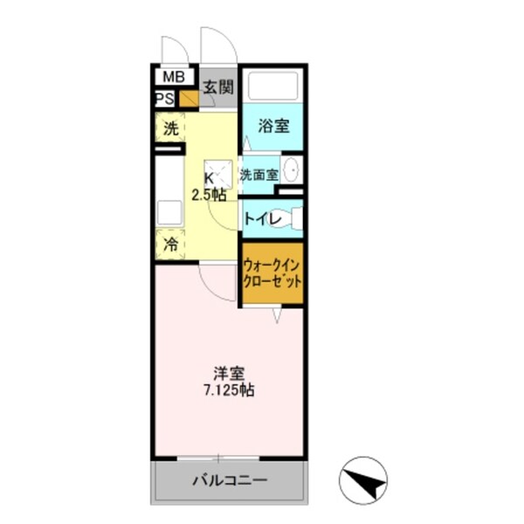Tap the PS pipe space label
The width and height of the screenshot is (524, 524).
tap(164, 98)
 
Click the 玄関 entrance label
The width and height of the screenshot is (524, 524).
tap(218, 87)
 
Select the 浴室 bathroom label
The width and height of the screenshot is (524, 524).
tap(273, 125)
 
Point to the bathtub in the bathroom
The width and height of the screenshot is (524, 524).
tap(272, 86)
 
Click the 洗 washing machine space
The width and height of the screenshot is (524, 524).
tap(169, 128)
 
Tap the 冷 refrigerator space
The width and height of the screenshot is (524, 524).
tap(170, 245)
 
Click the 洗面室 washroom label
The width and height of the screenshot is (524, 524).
tap(259, 174)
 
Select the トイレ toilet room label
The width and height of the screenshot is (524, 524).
tap(263, 220)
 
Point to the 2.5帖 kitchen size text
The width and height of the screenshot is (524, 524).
tap(210, 195)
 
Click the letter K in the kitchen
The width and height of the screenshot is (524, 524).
tap(210, 178)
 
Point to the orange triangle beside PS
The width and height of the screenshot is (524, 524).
tap(189, 98)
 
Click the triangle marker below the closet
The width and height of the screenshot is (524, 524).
tap(275, 315)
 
